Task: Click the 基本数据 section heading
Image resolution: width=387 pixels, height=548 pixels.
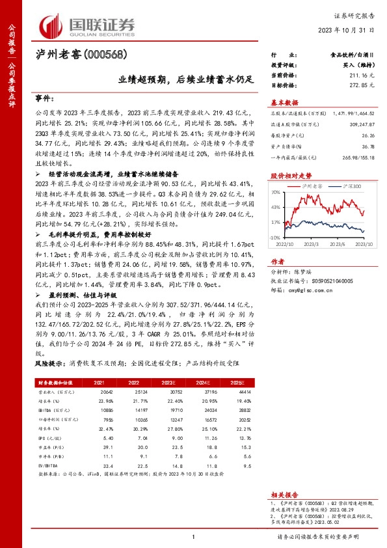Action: pyautogui.click(x=284, y=102)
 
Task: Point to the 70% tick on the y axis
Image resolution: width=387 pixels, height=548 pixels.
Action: pyautogui.click(x=276, y=192)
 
